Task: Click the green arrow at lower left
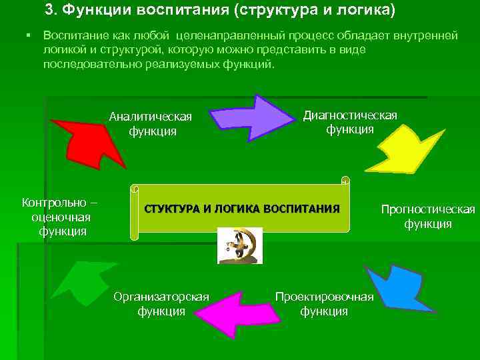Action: pyautogui.click(x=81, y=287)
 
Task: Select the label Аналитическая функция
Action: pyautogui.click(x=152, y=123)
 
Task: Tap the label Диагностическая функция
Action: pyautogui.click(x=349, y=121)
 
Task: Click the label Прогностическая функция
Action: pyautogui.click(x=427, y=217)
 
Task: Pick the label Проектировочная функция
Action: pyautogui.click(x=324, y=303)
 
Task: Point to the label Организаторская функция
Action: pyautogui.click(x=161, y=303)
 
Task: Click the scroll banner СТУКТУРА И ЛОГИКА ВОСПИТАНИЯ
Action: pyautogui.click(x=241, y=207)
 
